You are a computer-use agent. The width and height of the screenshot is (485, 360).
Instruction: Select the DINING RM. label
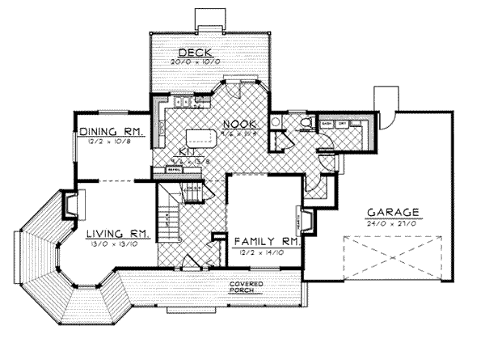tap(112, 131)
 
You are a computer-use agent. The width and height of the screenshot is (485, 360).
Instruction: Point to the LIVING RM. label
tap(118, 233)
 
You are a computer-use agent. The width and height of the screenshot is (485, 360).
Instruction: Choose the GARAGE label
tap(394, 213)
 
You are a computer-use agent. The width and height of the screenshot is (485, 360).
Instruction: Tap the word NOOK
tap(240, 124)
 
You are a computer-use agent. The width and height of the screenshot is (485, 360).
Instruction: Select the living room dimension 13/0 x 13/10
tap(118, 243)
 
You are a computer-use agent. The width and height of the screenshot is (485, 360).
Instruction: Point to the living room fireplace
tap(70, 204)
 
